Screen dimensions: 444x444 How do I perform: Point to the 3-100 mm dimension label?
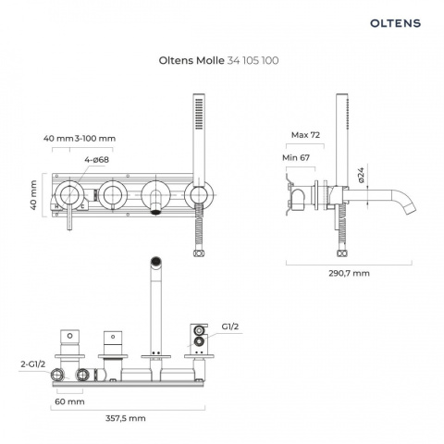click(x=96, y=138)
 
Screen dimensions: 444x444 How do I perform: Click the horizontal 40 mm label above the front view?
click(x=58, y=138)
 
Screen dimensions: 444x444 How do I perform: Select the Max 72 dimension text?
click(x=305, y=135)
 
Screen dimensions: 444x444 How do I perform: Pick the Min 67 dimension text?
click(x=297, y=157)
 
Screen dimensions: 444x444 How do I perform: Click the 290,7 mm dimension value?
click(x=349, y=273)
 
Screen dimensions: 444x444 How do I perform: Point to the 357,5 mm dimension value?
click(x=125, y=418)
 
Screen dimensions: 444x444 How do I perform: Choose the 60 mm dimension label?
click(x=70, y=402)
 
